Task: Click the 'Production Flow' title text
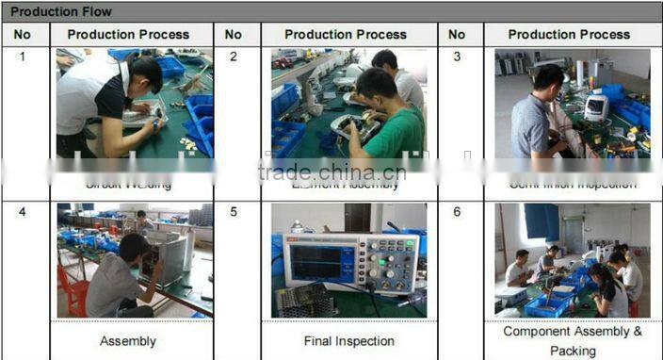click(x=60, y=11)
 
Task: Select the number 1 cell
click(x=23, y=57)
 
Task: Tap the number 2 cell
click(x=233, y=57)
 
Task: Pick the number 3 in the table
click(x=457, y=57)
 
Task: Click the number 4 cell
click(x=23, y=212)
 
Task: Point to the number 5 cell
click(x=233, y=212)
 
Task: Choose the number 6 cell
click(x=457, y=212)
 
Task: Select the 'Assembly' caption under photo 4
click(x=128, y=341)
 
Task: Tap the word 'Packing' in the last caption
click(x=573, y=351)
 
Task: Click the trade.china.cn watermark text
click(x=331, y=172)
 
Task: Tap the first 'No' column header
click(x=23, y=35)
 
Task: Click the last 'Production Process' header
click(x=569, y=35)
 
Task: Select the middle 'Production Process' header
click(x=346, y=35)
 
